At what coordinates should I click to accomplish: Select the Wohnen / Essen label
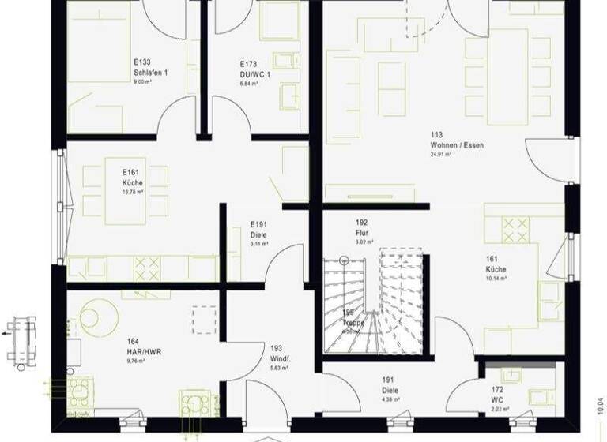(457, 145)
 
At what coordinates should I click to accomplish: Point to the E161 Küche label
(131, 182)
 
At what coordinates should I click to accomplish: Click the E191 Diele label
(258, 235)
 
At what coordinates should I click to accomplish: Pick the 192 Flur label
(363, 233)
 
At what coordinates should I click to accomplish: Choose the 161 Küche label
(496, 269)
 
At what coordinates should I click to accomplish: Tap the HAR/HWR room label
(144, 352)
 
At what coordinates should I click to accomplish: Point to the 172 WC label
(497, 400)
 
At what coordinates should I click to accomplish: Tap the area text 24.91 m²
(441, 155)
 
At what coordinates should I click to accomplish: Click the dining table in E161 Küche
(125, 189)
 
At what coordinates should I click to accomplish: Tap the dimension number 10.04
(599, 410)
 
